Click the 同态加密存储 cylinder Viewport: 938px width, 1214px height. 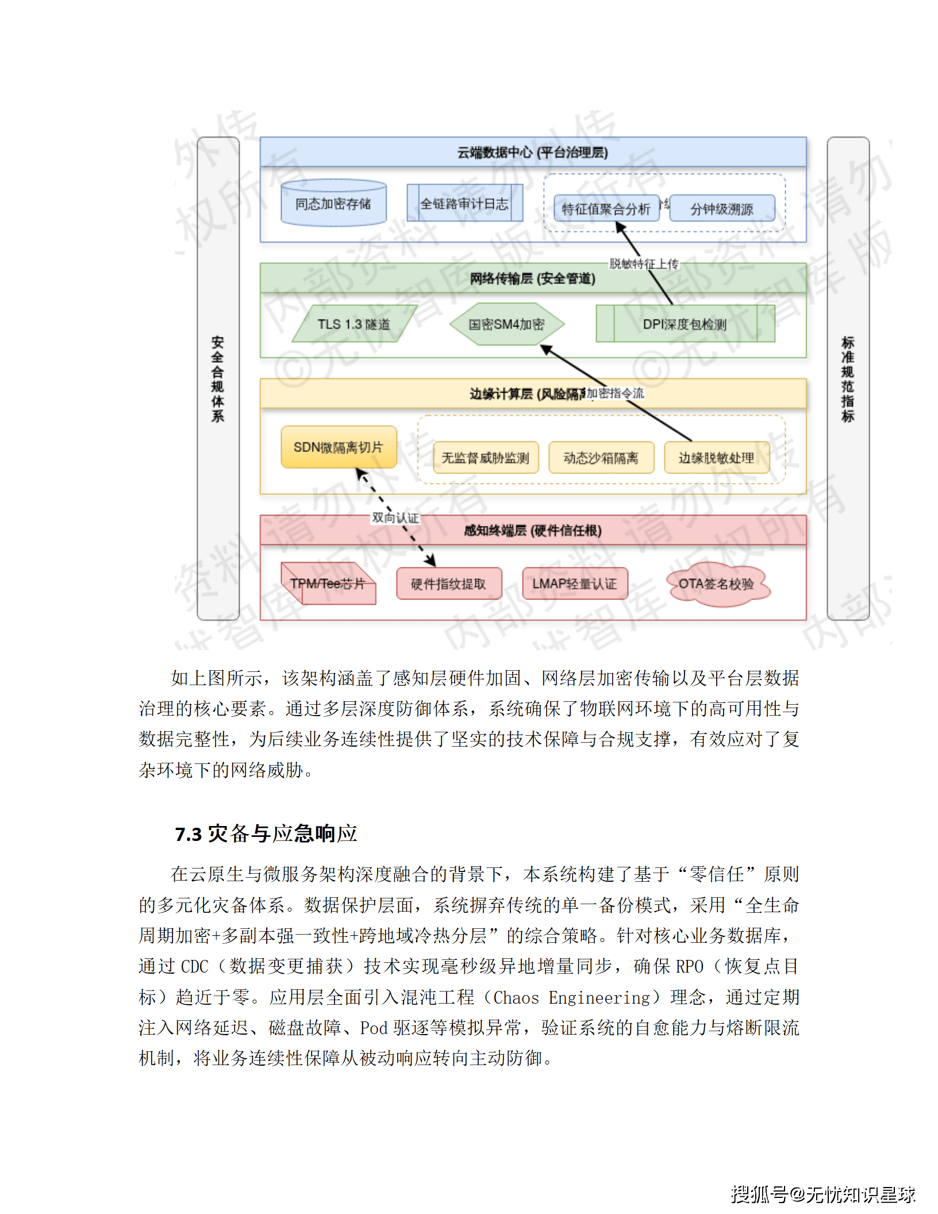(x=333, y=203)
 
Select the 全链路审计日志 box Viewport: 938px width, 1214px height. (x=464, y=203)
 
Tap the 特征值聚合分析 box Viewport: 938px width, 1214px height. (x=606, y=209)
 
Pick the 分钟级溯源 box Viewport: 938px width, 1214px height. (x=722, y=209)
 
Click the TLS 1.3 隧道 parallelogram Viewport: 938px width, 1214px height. (x=354, y=324)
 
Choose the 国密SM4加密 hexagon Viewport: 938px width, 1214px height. (x=506, y=324)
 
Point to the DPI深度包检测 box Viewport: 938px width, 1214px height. (x=685, y=324)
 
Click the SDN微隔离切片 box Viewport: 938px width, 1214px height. (x=339, y=447)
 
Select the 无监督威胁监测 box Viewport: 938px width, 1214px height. (x=485, y=458)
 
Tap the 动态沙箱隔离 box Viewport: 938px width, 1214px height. (x=601, y=458)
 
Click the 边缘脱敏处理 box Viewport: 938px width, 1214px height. (x=716, y=458)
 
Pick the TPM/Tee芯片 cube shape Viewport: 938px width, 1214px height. (x=328, y=584)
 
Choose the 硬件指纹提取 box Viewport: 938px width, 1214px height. (x=448, y=584)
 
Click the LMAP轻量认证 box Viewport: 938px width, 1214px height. (x=574, y=584)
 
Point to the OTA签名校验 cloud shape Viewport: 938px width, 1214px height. (x=716, y=584)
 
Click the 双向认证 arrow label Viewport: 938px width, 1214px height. (x=395, y=517)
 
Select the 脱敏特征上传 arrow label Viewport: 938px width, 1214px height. (x=644, y=264)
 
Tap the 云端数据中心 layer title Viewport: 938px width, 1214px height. (x=533, y=152)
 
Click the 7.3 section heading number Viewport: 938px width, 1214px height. (x=189, y=834)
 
